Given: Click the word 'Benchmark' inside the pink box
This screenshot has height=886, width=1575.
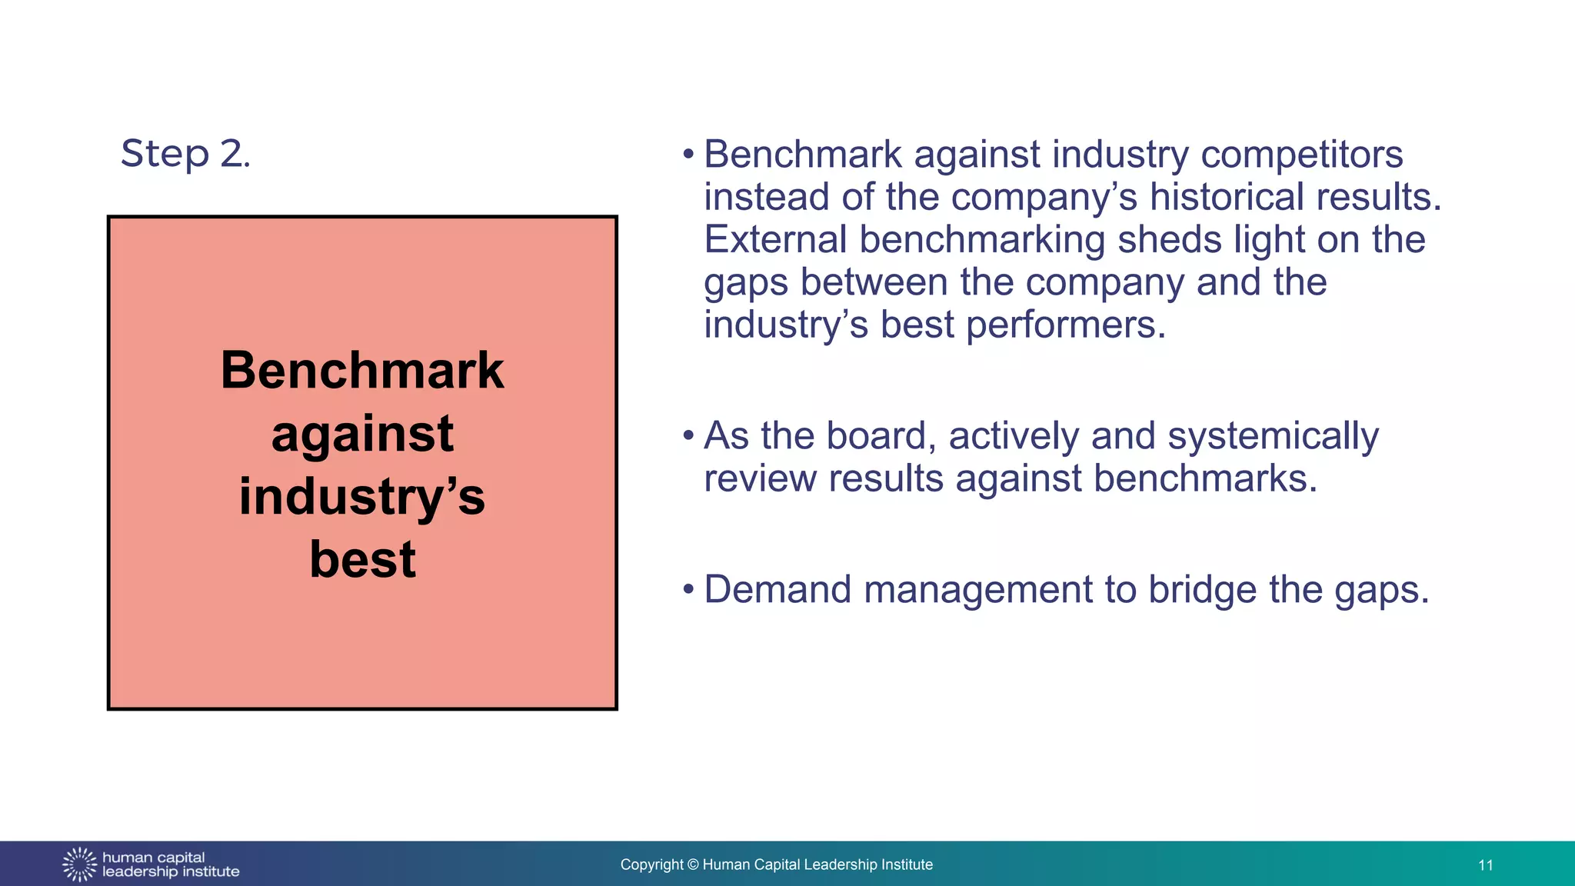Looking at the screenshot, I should [x=362, y=371].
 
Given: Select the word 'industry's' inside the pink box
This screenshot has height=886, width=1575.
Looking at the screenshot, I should [x=362, y=497].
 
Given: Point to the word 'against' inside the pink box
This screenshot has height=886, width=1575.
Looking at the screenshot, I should [x=362, y=435].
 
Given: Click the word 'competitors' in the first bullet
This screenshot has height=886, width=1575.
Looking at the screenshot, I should [x=1301, y=154].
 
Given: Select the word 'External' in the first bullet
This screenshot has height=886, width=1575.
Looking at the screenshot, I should [x=775, y=239].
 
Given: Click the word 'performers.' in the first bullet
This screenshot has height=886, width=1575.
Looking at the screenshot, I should [x=1066, y=325].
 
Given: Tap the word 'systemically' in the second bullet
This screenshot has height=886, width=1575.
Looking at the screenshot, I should [x=1273, y=436].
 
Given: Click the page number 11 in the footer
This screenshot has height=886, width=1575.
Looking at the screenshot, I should [x=1485, y=865].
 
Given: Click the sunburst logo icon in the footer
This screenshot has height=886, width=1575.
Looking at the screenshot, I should [x=79, y=864].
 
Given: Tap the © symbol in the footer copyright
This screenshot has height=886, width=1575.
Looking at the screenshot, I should [x=693, y=865].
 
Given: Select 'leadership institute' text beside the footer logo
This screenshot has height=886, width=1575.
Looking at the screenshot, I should [x=171, y=872].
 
